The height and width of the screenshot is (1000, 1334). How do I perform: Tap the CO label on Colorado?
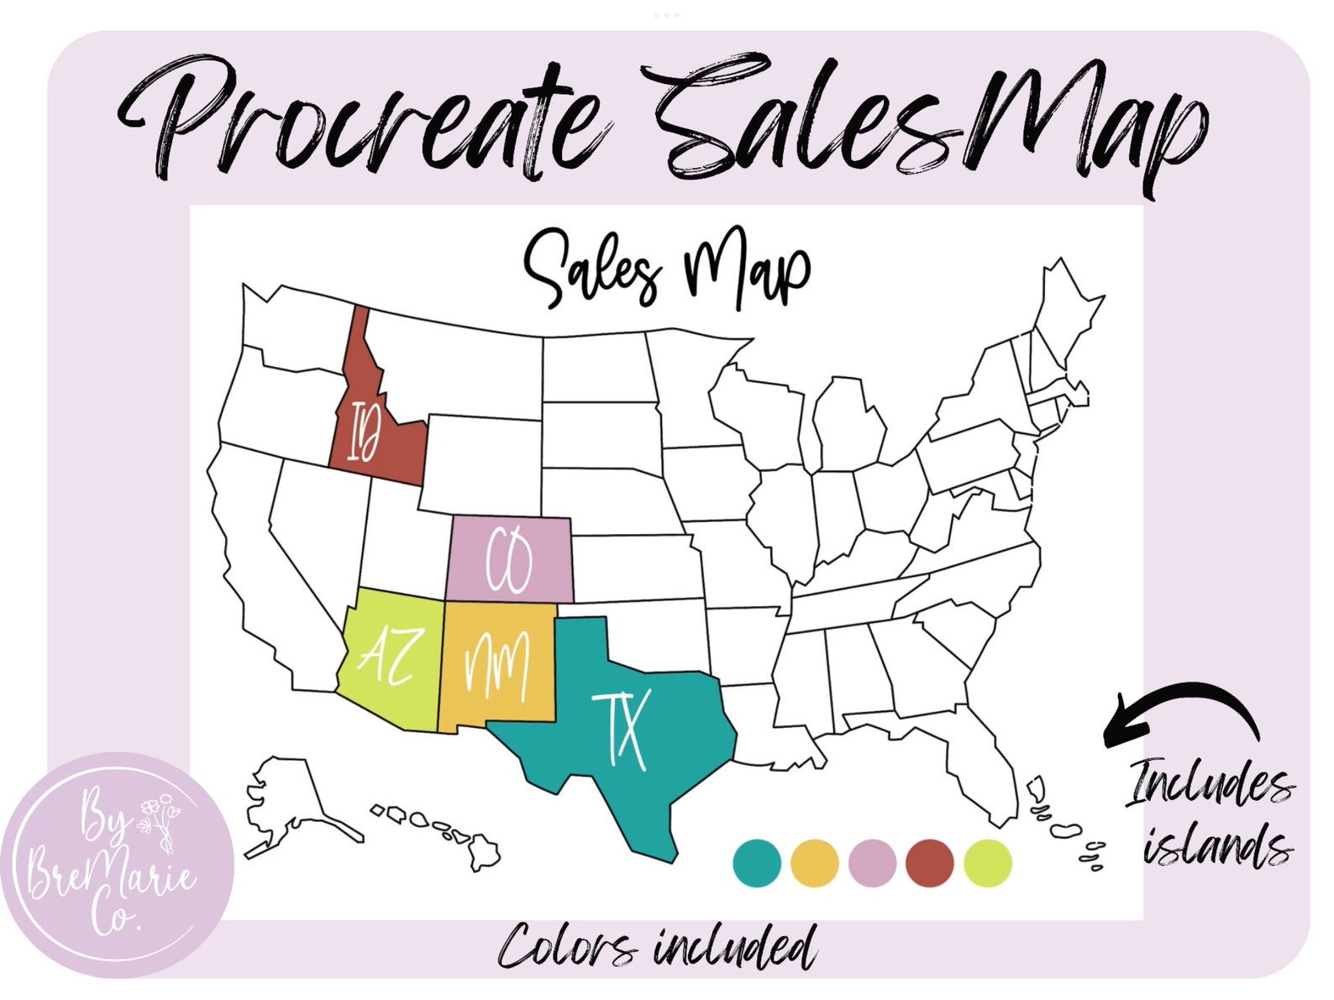pos(509,560)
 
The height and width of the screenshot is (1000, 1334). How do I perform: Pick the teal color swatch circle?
pos(756,863)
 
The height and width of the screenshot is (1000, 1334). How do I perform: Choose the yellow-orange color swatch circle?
pos(814,863)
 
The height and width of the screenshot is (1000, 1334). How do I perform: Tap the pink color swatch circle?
pos(872,863)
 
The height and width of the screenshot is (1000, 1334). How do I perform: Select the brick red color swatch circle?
pos(930,863)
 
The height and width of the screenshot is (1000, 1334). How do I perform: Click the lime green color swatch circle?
pos(988,863)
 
